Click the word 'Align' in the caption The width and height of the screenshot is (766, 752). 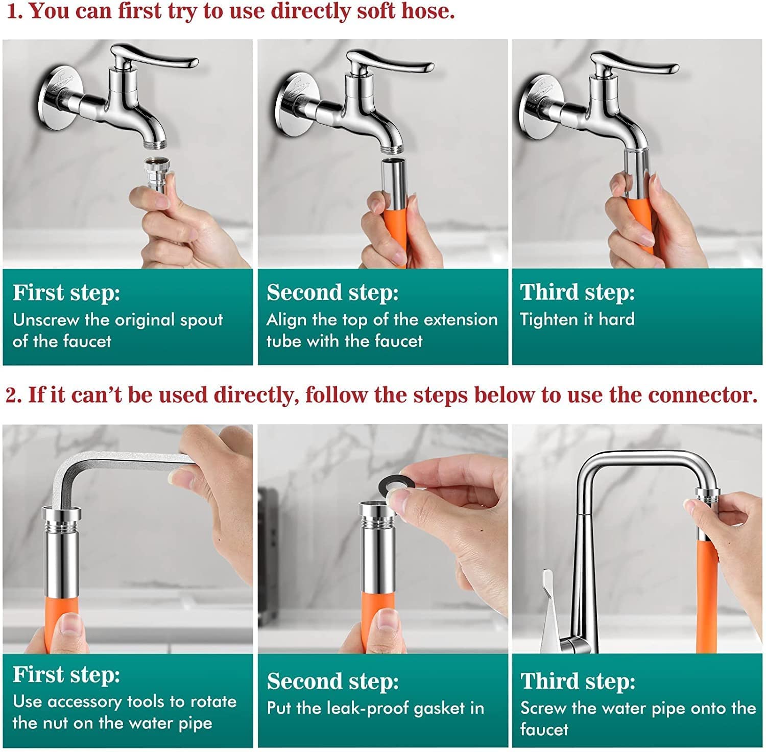coord(286,320)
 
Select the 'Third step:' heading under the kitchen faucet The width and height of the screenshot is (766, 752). coord(578,682)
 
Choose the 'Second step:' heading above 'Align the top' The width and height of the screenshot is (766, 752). coord(332,293)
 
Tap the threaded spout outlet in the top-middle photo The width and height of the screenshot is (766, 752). coord(393,148)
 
